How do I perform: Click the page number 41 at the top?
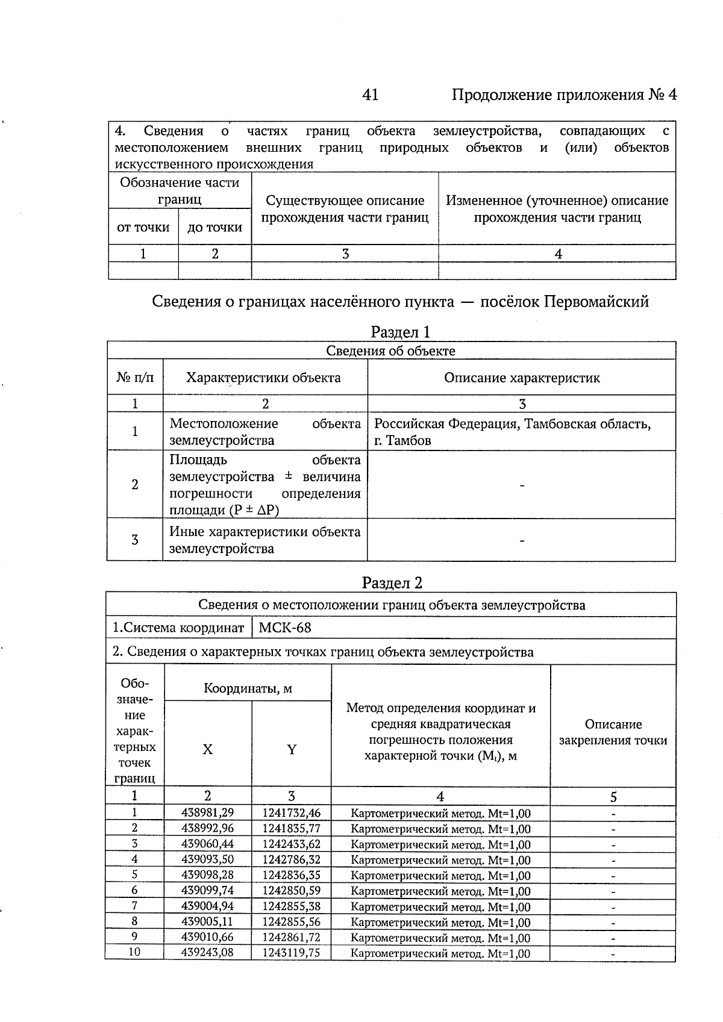(370, 95)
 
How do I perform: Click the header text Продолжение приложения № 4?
(564, 95)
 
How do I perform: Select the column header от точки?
(143, 228)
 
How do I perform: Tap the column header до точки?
(214, 228)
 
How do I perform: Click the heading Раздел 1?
(400, 332)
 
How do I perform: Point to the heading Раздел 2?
(392, 582)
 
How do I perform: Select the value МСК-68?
(285, 628)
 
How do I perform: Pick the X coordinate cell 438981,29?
(207, 813)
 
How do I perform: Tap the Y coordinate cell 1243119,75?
(291, 952)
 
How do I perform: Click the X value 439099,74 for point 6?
(207, 890)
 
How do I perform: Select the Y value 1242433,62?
(291, 844)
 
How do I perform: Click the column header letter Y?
(292, 750)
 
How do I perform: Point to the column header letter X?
(207, 750)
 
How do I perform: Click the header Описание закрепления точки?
(613, 732)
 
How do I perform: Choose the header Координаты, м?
(248, 688)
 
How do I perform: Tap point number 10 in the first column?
(134, 952)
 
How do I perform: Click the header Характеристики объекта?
(263, 378)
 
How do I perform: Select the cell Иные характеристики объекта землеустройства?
(264, 540)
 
